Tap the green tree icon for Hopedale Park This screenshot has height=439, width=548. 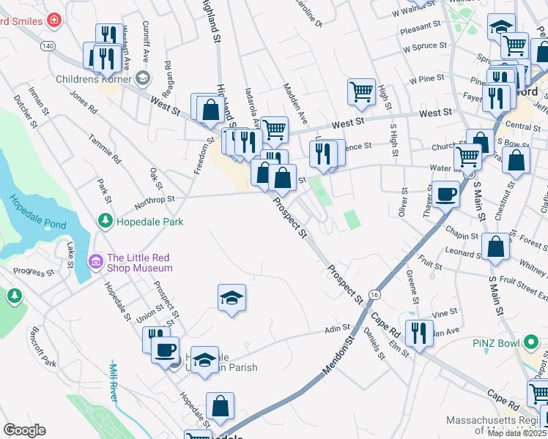click(105, 220)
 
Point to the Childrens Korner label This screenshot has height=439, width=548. click(94, 79)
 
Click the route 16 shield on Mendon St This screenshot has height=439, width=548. click(374, 293)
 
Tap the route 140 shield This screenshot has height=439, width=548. click(48, 45)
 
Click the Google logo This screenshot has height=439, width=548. click(25, 429)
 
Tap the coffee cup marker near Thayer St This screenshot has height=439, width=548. click(445, 195)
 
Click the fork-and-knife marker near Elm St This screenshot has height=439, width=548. click(418, 333)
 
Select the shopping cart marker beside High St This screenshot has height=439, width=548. click(361, 91)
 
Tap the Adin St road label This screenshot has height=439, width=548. click(337, 330)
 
